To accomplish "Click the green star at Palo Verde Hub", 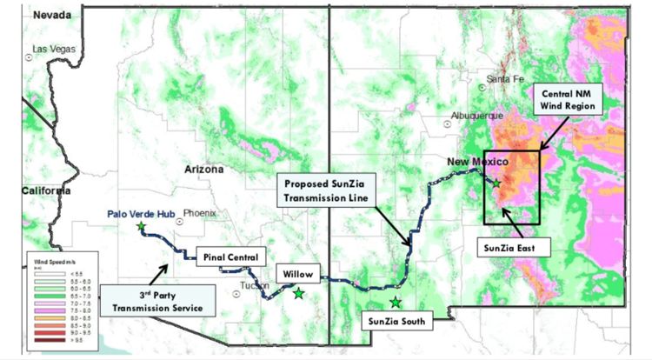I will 141,227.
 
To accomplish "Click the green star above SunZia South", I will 396,302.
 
